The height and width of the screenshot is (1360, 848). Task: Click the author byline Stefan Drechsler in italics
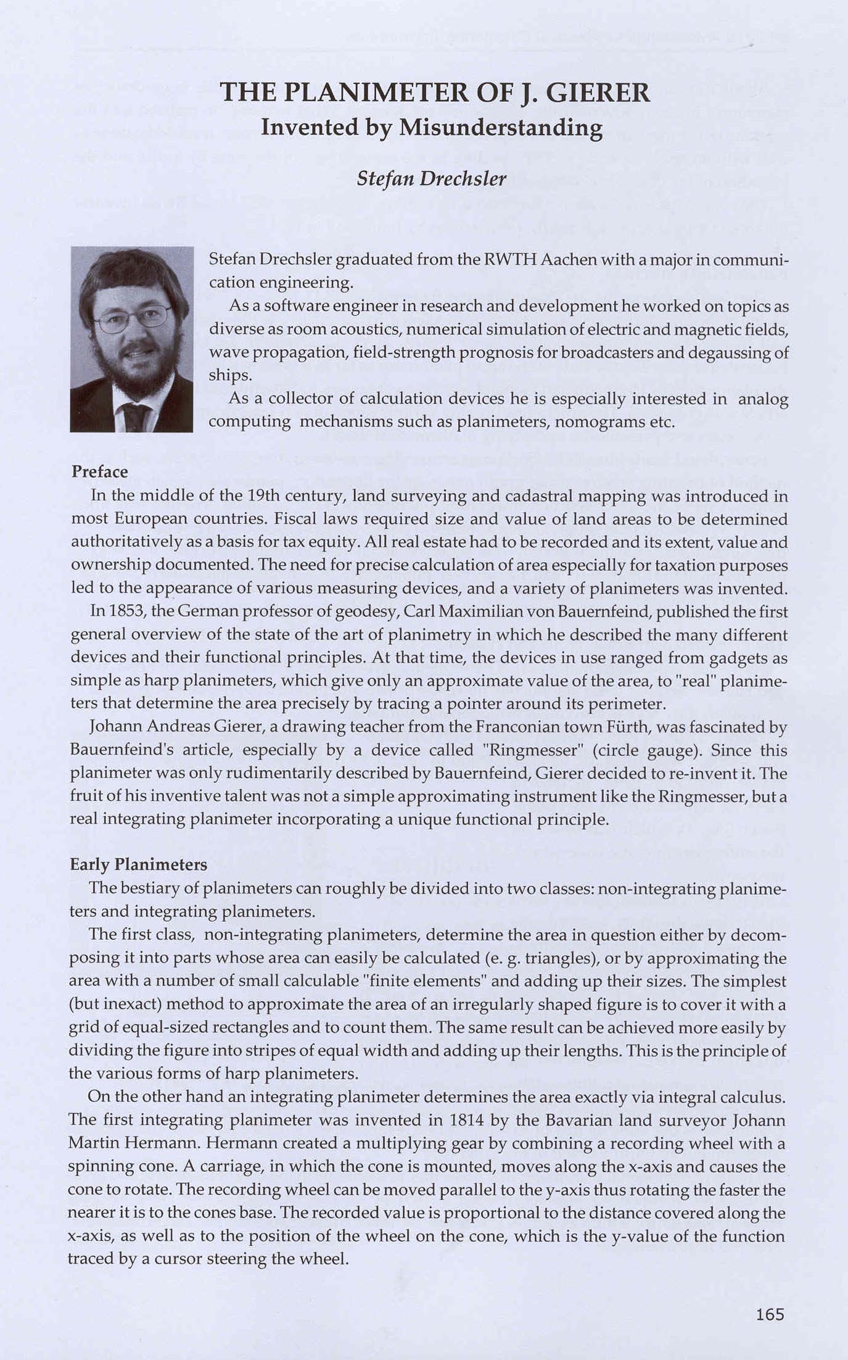[431, 179]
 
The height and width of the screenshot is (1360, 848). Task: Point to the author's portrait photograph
[131, 339]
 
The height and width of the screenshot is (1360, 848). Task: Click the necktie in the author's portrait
[135, 417]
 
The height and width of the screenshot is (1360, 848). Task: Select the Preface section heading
[99, 472]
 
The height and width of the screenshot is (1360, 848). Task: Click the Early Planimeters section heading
[138, 865]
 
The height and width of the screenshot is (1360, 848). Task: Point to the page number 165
[770, 1314]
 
